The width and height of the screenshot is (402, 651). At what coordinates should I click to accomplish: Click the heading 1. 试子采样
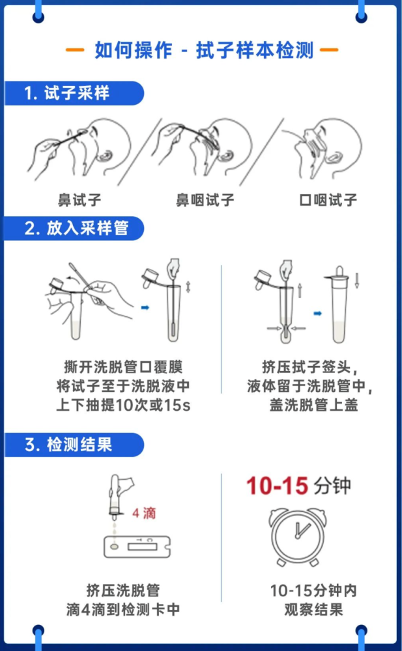pyautogui.click(x=67, y=93)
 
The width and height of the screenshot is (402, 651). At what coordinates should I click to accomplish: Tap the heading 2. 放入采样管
pyautogui.click(x=76, y=229)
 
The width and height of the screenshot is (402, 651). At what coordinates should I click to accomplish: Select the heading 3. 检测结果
pyautogui.click(x=68, y=445)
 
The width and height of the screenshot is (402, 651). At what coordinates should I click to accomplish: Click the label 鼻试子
pyautogui.click(x=79, y=200)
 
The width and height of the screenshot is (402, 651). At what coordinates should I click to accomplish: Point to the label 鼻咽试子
pyautogui.click(x=205, y=200)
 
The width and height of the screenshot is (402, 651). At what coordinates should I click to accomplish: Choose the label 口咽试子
pyautogui.click(x=328, y=200)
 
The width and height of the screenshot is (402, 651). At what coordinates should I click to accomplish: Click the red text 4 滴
pyautogui.click(x=144, y=513)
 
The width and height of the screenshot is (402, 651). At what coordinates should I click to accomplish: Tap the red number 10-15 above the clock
pyautogui.click(x=277, y=486)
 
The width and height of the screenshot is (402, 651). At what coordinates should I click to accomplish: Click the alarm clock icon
pyautogui.click(x=298, y=536)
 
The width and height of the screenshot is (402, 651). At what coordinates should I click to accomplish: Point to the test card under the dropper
pyautogui.click(x=137, y=546)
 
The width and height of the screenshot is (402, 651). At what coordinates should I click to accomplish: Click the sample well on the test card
pyautogui.click(x=114, y=547)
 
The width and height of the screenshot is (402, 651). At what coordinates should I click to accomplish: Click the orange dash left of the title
pyautogui.click(x=75, y=50)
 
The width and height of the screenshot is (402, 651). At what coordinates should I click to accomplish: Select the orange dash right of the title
pyautogui.click(x=329, y=50)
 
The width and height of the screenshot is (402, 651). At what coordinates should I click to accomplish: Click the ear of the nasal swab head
pyautogui.click(x=105, y=156)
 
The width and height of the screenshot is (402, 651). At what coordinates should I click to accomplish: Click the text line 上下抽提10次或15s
pyautogui.click(x=124, y=405)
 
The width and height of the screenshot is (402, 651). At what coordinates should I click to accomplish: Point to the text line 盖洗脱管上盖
pyautogui.click(x=314, y=405)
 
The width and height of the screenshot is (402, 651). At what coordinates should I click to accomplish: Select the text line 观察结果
pyautogui.click(x=314, y=609)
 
